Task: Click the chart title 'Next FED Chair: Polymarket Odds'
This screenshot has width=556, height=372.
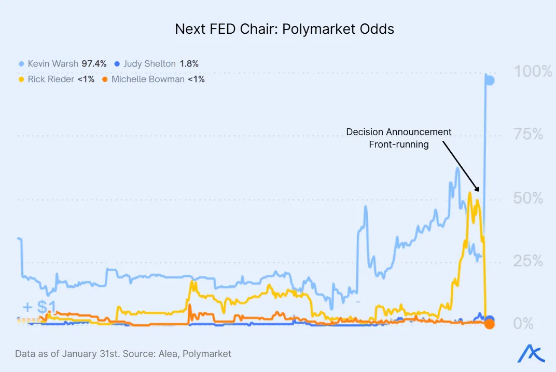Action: click(x=284, y=29)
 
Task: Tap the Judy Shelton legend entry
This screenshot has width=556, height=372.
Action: click(x=149, y=64)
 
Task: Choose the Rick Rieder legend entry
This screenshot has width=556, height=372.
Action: click(x=50, y=79)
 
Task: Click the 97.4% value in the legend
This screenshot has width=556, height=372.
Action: click(x=94, y=64)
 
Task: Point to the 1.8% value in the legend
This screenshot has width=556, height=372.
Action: click(x=189, y=64)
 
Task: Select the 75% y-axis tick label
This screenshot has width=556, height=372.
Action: click(x=529, y=135)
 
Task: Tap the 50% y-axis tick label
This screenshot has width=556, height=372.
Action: click(x=529, y=198)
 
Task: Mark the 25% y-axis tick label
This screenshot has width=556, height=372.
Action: click(x=529, y=261)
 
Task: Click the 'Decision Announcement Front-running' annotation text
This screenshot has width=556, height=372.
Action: click(x=399, y=138)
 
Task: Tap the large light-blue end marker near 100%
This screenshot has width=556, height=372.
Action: click(x=489, y=80)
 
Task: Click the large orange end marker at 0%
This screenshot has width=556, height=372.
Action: click(x=489, y=324)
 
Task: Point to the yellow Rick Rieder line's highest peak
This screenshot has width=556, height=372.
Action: click(x=469, y=193)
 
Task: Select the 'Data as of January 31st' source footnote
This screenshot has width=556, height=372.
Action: click(x=123, y=354)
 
